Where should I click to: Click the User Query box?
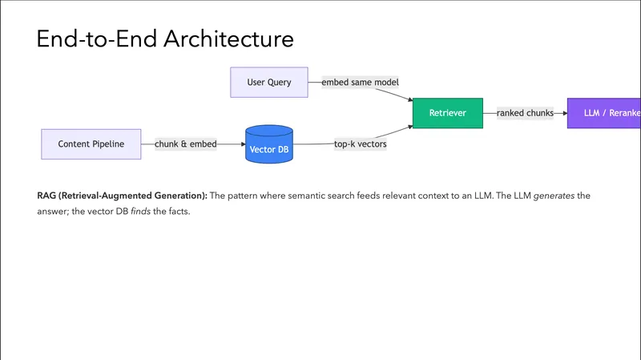pyautogui.click(x=268, y=83)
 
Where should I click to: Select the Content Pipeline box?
pyautogui.click(x=91, y=144)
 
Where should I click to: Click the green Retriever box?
pyautogui.click(x=448, y=114)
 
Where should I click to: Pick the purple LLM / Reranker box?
pyautogui.click(x=605, y=114)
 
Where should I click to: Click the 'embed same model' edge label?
pyautogui.click(x=360, y=83)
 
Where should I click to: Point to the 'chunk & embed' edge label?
pyautogui.click(x=186, y=144)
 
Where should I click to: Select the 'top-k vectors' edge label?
pyautogui.click(x=361, y=144)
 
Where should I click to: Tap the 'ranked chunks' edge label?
pyautogui.click(x=525, y=114)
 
